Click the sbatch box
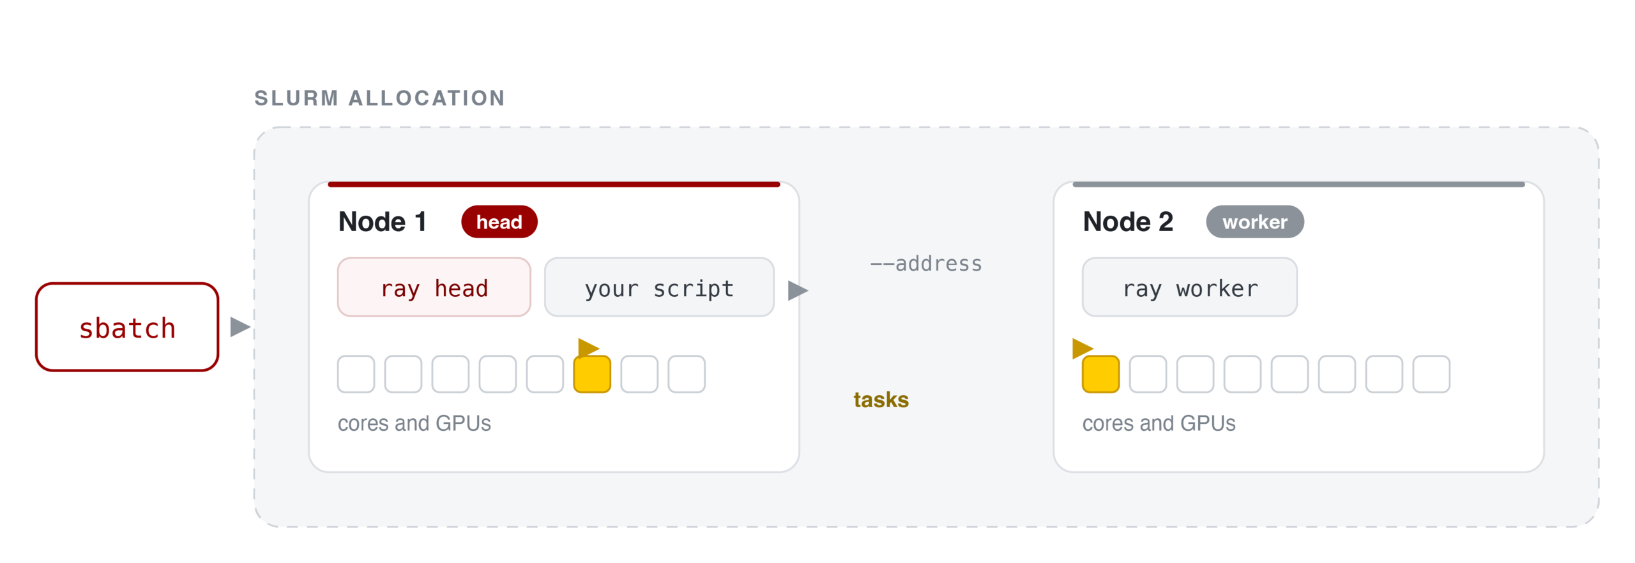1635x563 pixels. pos(127,327)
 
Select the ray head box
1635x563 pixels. pos(434,287)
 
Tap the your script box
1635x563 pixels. pos(659,287)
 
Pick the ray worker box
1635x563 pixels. pos(1190,287)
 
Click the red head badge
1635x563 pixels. pos(499,221)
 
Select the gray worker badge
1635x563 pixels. pos(1255,221)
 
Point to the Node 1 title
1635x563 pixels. pos(382,222)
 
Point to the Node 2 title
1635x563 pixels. pos(1128,222)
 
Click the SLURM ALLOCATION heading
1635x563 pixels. pos(380,98)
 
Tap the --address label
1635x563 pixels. pos(926,264)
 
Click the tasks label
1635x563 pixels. pos(881,400)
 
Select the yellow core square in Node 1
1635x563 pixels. pos(592,374)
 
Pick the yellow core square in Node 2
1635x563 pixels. pos(1100,374)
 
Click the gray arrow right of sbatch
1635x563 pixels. pos(240,327)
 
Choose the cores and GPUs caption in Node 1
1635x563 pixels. pos(414,423)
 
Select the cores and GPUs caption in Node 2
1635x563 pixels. pos(1159,423)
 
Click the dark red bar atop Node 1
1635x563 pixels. pos(554,184)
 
